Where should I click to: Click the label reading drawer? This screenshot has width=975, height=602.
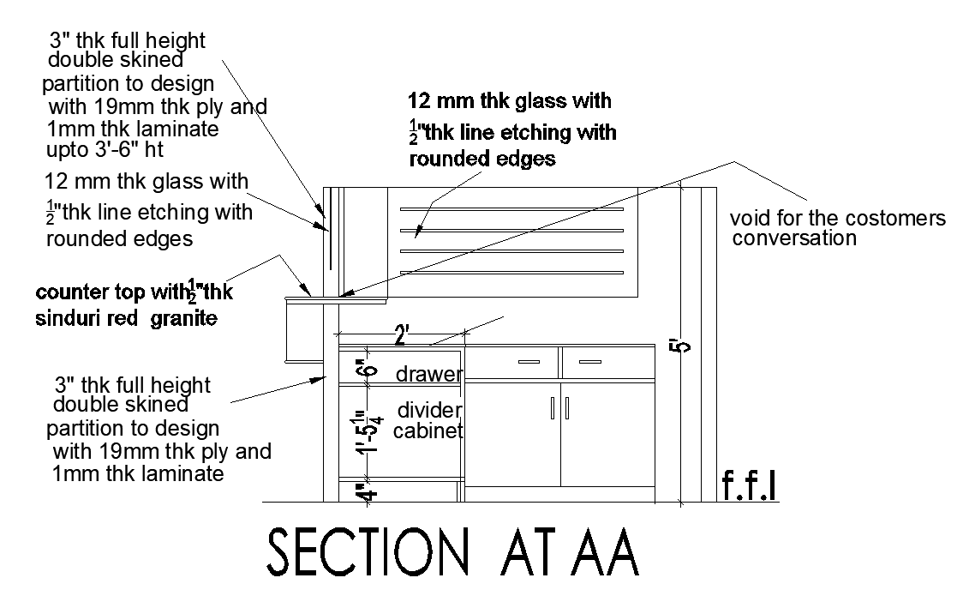[428, 375]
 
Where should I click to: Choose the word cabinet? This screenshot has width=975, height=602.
[428, 430]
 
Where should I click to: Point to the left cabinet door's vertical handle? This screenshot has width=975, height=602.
[553, 407]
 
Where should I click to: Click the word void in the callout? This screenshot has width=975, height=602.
[747, 219]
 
